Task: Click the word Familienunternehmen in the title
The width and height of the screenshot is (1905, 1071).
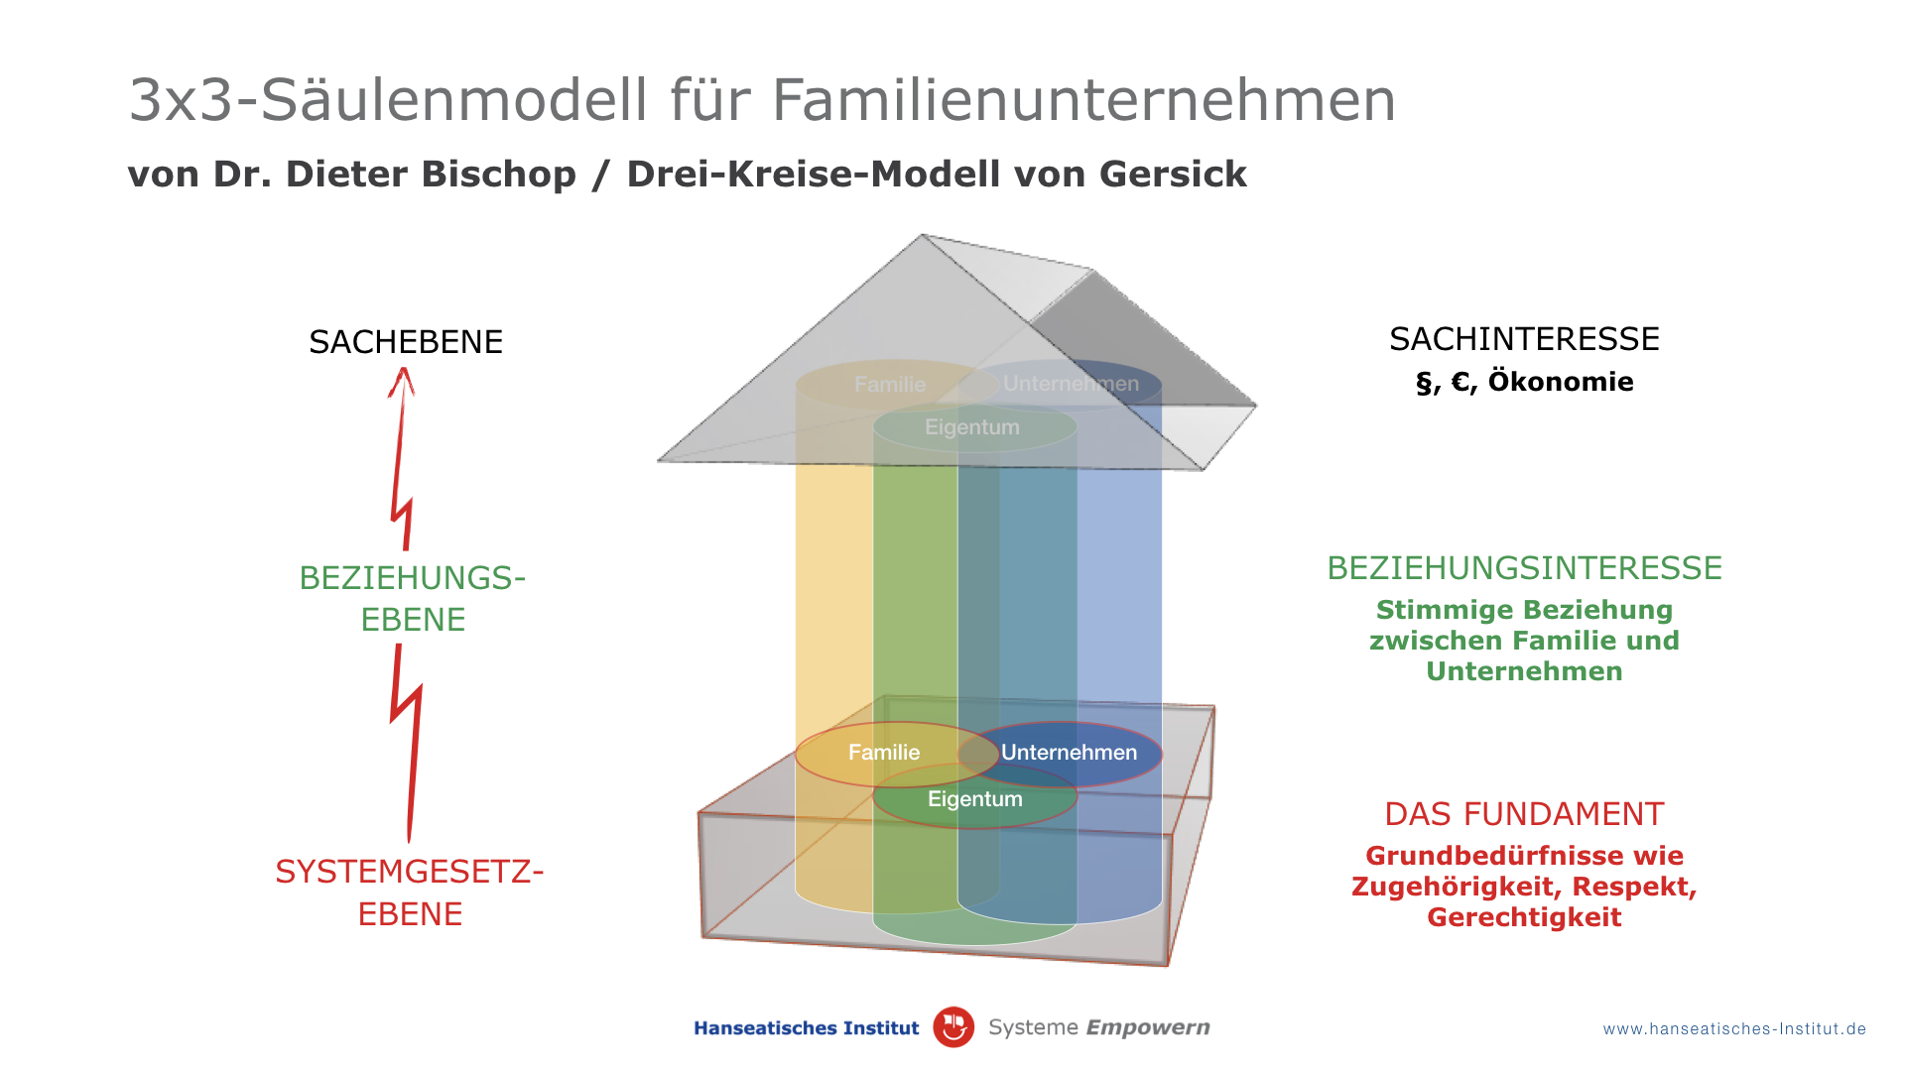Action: tap(1083, 99)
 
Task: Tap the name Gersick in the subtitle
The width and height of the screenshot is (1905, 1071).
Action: tap(1173, 174)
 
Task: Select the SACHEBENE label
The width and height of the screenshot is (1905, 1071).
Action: tap(406, 342)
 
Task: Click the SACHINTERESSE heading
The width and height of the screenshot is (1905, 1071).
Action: tap(1524, 339)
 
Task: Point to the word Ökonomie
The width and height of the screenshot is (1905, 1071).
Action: tap(1561, 382)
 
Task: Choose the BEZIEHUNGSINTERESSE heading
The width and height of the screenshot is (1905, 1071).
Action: tap(1524, 568)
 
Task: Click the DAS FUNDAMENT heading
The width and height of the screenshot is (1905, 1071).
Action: tap(1524, 814)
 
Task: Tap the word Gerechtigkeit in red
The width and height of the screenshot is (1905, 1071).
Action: tap(1524, 917)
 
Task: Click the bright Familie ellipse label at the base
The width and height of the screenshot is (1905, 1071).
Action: tap(884, 753)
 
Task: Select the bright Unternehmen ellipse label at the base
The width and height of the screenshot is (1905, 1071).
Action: tap(1069, 753)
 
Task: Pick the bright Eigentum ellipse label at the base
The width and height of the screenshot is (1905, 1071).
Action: tap(974, 799)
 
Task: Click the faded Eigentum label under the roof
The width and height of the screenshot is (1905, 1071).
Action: tap(972, 427)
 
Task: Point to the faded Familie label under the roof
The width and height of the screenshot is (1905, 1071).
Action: tap(890, 385)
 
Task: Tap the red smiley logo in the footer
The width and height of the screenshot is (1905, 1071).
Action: tap(953, 1027)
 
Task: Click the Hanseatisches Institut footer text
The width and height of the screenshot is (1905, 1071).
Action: tap(807, 1028)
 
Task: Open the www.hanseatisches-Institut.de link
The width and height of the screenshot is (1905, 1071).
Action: tap(1734, 1029)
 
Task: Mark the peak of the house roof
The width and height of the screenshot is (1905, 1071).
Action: tap(923, 235)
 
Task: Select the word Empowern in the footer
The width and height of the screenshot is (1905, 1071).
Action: tap(1148, 1028)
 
